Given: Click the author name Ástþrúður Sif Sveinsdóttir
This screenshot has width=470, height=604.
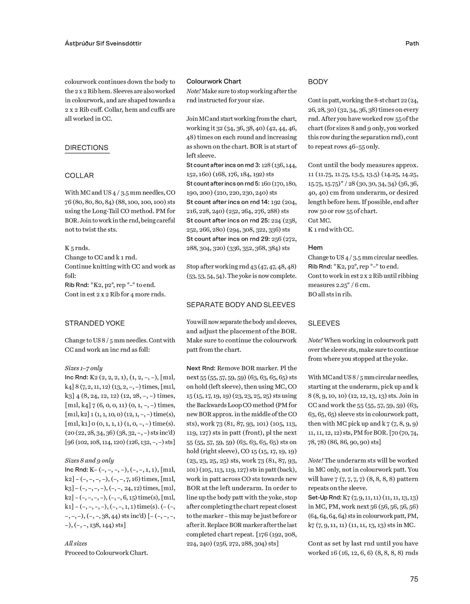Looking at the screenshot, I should (x=103, y=43).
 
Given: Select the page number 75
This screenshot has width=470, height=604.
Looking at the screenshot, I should (x=414, y=579).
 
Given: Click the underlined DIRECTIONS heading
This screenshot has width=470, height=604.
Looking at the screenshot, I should (x=87, y=148).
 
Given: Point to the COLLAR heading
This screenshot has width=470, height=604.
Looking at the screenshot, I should (x=79, y=176).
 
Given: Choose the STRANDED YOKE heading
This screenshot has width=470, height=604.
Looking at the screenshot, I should (x=95, y=323).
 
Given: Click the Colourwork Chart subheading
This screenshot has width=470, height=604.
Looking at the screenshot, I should (x=214, y=82).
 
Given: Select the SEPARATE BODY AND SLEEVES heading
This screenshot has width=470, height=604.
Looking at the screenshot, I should (x=241, y=305).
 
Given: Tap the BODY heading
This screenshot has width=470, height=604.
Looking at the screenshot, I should (x=318, y=82).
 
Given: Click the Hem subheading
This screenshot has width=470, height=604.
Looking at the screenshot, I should (x=315, y=247).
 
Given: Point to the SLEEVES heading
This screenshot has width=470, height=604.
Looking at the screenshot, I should (x=324, y=323).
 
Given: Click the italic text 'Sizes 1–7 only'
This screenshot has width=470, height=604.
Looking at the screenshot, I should (x=84, y=368).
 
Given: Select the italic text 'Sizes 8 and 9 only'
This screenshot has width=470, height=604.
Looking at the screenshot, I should (x=89, y=461).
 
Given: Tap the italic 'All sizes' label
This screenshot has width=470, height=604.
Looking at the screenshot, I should (x=76, y=543).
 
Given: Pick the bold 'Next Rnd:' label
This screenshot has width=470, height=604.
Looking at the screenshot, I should (x=201, y=368).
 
